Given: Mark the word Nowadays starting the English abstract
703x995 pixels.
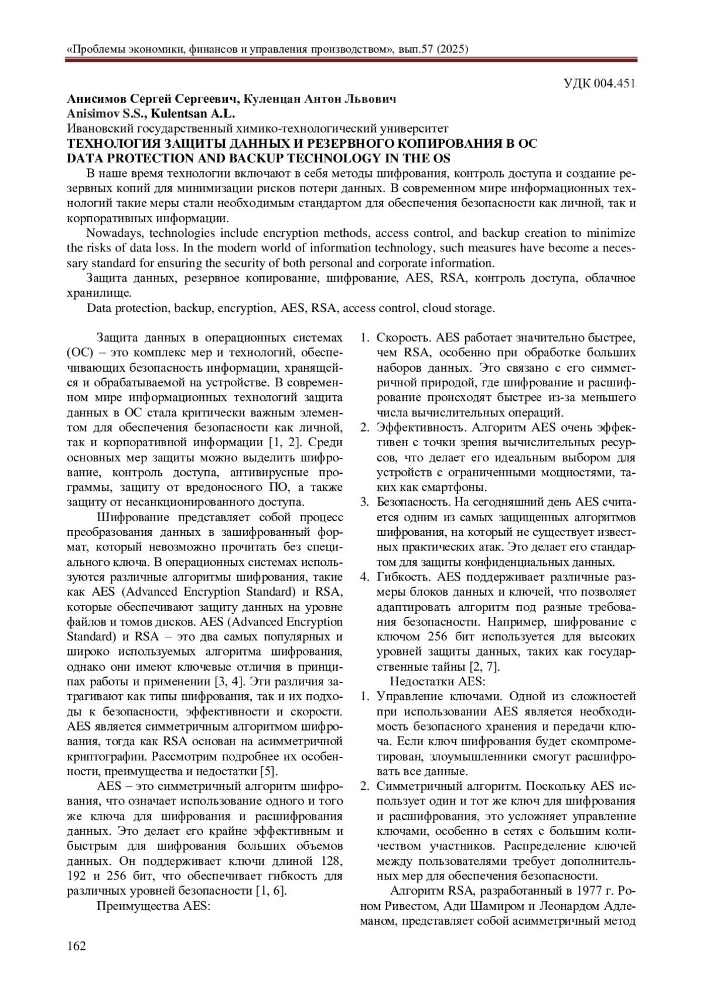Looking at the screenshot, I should click(x=112, y=233).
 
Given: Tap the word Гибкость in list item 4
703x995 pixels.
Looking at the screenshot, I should click(x=404, y=576).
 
